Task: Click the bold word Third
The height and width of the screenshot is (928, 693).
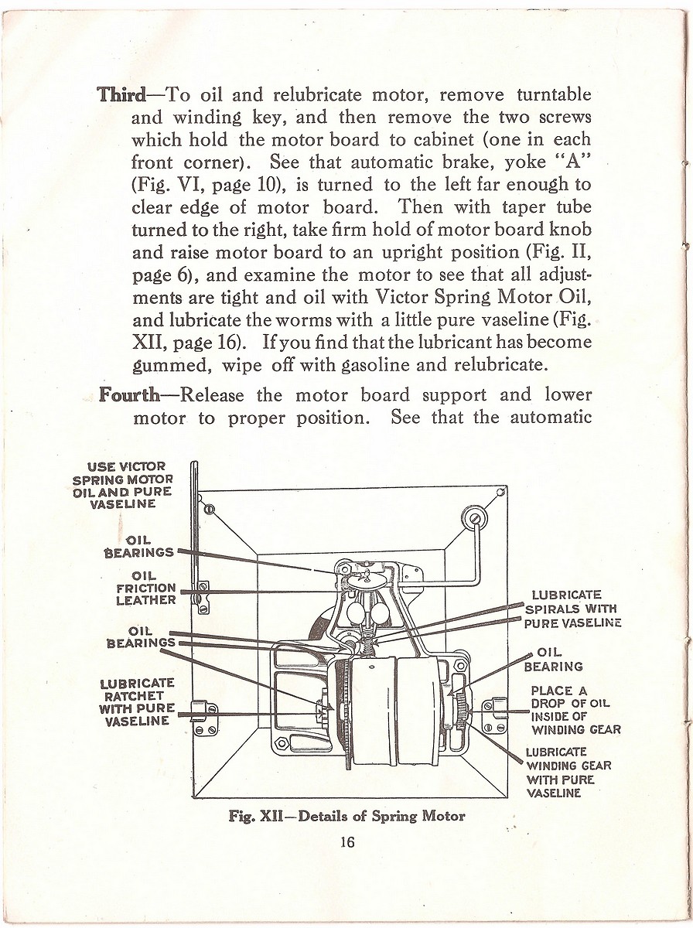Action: pos(121,95)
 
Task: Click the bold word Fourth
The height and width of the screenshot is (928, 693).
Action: pos(129,395)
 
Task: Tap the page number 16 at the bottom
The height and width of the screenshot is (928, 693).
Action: pos(347,842)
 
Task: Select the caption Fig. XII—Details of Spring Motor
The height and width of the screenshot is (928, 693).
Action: pos(346,816)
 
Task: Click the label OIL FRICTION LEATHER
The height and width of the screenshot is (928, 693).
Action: pos(146,588)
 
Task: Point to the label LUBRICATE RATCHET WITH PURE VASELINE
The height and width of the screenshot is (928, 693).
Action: pos(137,702)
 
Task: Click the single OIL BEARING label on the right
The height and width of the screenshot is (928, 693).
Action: pos(553,658)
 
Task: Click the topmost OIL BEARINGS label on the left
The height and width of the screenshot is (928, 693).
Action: pos(140,546)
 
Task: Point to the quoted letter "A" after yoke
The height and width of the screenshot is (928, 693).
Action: pos(571,162)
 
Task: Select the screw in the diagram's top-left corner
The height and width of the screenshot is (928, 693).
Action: pos(209,509)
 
